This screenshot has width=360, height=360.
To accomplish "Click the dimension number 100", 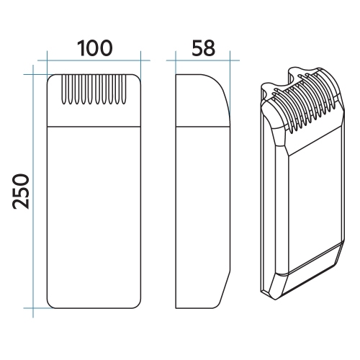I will [x=94, y=48].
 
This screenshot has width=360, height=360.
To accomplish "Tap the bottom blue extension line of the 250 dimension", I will [x=36, y=309].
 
